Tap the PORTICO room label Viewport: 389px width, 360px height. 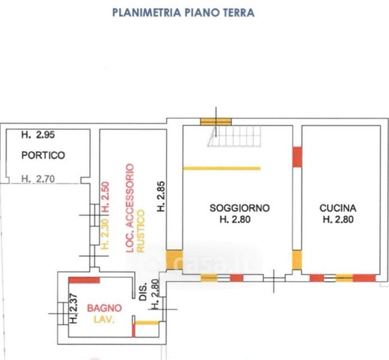click(43, 155)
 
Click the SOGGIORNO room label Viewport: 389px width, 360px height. click(239, 208)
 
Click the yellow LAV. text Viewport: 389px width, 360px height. click(104, 319)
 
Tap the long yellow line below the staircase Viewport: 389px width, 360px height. click(222, 168)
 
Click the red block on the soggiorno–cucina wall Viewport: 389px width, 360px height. click(297, 157)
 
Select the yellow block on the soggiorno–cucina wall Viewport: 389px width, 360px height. click(297, 260)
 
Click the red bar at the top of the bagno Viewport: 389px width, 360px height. click(84, 280)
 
